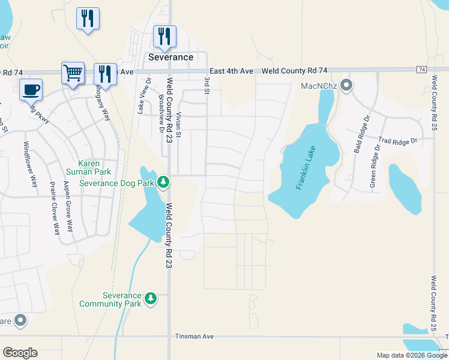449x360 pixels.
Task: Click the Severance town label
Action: pyautogui.click(x=171, y=58)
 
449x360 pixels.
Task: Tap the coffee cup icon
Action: pyautogui.click(x=31, y=90)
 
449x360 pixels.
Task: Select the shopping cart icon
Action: pyautogui.click(x=73, y=74)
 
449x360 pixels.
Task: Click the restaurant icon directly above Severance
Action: pyautogui.click(x=164, y=37)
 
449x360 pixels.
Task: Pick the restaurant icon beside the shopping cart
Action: pyautogui.click(x=105, y=74)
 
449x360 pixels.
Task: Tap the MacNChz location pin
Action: pyautogui.click(x=346, y=86)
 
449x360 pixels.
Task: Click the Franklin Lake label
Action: pyautogui.click(x=305, y=169)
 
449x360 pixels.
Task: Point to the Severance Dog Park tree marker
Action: pyautogui.click(x=163, y=182)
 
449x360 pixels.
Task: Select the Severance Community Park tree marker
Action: pyautogui.click(x=151, y=298)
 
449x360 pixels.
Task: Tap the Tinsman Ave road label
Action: pyautogui.click(x=194, y=337)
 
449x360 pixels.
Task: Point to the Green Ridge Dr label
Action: pyautogui.click(x=375, y=166)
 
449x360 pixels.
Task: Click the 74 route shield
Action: pyautogui.click(x=421, y=70)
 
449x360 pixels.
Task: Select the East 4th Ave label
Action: pyautogui.click(x=232, y=71)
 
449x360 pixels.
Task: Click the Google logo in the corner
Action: pyautogui.click(x=20, y=353)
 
